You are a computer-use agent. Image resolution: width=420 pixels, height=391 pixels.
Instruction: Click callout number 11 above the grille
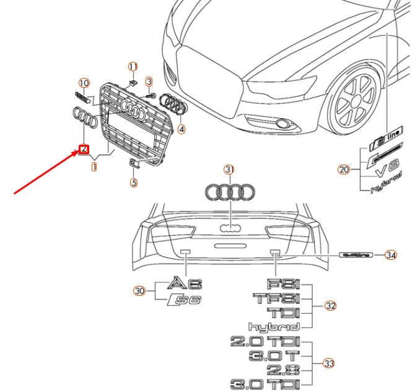[132, 66]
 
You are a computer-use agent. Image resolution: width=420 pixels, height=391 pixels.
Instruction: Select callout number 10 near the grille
[84, 82]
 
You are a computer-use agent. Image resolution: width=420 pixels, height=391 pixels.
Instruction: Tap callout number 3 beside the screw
[149, 82]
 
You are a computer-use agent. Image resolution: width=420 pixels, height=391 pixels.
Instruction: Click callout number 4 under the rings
[181, 129]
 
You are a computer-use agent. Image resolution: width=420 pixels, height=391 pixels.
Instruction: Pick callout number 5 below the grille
[134, 183]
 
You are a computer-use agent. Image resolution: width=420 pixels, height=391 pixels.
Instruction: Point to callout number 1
[94, 166]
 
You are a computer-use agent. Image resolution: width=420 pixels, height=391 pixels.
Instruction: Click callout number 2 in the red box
[83, 149]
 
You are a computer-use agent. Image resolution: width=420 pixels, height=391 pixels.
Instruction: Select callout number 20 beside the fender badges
[344, 169]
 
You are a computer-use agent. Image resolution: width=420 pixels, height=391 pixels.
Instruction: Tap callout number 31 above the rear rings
[230, 170]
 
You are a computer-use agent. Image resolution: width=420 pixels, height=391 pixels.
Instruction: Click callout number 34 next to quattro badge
[390, 254]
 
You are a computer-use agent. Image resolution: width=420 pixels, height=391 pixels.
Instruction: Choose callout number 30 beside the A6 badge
[139, 290]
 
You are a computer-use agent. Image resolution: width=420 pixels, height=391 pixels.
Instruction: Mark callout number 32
[330, 306]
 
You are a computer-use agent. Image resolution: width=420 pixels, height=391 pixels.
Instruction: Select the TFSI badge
[276, 298]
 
